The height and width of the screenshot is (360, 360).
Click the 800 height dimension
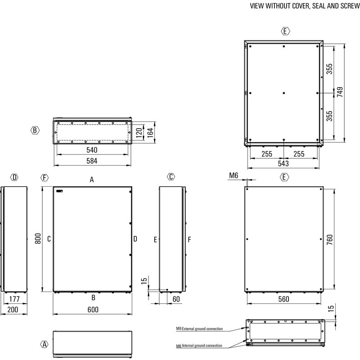point(38,238)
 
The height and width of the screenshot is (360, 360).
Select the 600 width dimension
point(93,310)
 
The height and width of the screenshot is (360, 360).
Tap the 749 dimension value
point(340,92)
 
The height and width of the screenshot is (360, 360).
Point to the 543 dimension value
point(283,163)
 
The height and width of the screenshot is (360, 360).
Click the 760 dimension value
point(330,239)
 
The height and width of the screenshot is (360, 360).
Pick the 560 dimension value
point(284,299)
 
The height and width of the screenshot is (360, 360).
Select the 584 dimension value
point(92,161)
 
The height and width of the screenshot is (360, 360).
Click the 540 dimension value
point(92,150)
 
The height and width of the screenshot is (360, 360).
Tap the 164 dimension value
point(150,133)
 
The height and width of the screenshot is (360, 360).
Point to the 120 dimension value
point(139,133)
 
